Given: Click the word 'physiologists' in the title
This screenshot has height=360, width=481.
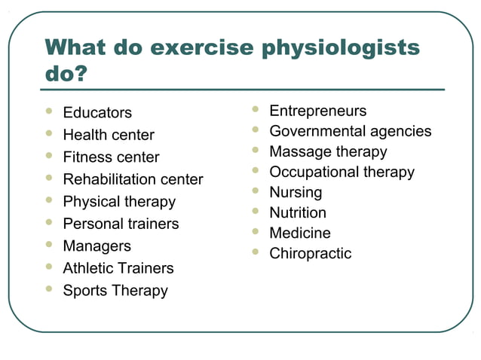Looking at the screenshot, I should pos(340,48).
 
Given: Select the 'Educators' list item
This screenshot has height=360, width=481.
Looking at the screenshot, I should pos(97,113).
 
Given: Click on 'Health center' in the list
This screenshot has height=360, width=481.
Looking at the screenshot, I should pos(109,136).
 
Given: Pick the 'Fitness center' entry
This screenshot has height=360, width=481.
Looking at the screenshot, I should pos(111,157).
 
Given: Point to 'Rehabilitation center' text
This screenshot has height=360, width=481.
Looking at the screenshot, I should pos(133,179).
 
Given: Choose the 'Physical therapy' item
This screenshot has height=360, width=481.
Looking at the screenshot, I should pos(119,202).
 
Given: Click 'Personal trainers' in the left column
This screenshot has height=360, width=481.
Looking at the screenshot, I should pos(121,224).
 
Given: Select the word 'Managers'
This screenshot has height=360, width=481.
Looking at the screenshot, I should pos(97,246).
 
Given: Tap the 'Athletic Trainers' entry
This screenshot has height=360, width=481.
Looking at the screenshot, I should pos(118,268).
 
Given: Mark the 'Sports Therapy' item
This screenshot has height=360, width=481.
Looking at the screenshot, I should pos(115,291).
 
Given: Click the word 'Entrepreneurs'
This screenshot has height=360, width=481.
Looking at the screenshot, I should pos(318,111).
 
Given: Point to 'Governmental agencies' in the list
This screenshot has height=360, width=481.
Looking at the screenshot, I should pos(351,132).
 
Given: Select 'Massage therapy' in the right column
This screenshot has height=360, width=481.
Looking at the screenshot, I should pos(328,152).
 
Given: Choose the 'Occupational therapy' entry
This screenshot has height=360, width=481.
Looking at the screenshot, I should pos(342,172).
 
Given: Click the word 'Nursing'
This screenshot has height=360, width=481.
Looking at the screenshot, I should pos(296,193).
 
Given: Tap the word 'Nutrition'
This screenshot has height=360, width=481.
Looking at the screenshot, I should pos(298,213).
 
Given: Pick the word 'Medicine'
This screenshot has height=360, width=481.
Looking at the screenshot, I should pos(300,233).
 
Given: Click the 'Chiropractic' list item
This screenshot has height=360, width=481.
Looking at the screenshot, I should pos(311,254).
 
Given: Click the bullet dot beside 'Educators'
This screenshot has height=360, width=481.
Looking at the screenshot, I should pos(49,111).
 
